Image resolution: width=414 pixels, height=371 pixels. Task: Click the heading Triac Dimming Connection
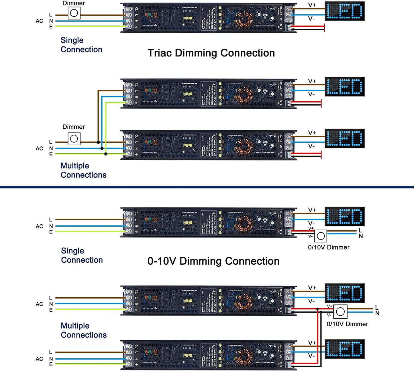(x=211, y=53)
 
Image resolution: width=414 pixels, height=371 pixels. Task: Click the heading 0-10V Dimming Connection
(x=213, y=261)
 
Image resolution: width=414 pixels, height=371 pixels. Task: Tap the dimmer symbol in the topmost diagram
(x=74, y=13)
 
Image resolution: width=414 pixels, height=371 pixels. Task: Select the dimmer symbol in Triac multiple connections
(x=74, y=139)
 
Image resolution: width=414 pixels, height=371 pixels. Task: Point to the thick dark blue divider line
(x=207, y=187)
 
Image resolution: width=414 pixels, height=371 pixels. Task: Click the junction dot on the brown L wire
(x=98, y=142)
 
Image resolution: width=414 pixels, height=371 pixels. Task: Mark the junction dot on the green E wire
(x=106, y=154)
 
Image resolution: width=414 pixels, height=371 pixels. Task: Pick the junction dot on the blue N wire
(x=102, y=148)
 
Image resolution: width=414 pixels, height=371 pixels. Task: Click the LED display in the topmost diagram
(x=344, y=11)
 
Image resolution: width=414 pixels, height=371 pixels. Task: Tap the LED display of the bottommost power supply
(x=344, y=349)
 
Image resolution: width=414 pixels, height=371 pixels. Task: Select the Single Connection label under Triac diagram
(x=81, y=45)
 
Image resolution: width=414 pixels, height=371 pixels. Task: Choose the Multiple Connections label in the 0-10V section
(x=83, y=330)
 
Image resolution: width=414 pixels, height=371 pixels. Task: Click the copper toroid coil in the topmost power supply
(x=244, y=19)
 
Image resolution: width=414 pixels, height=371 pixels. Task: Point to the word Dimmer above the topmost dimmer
(x=74, y=3)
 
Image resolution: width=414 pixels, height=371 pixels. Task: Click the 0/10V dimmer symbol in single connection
(x=321, y=236)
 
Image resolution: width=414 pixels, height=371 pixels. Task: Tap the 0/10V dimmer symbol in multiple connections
(x=340, y=312)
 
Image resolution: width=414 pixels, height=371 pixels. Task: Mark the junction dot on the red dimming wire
(x=317, y=309)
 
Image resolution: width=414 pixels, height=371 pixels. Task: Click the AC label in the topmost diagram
(x=39, y=21)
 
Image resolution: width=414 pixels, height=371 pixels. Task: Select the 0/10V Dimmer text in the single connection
(x=329, y=247)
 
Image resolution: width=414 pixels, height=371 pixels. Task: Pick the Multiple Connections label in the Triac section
(x=83, y=170)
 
